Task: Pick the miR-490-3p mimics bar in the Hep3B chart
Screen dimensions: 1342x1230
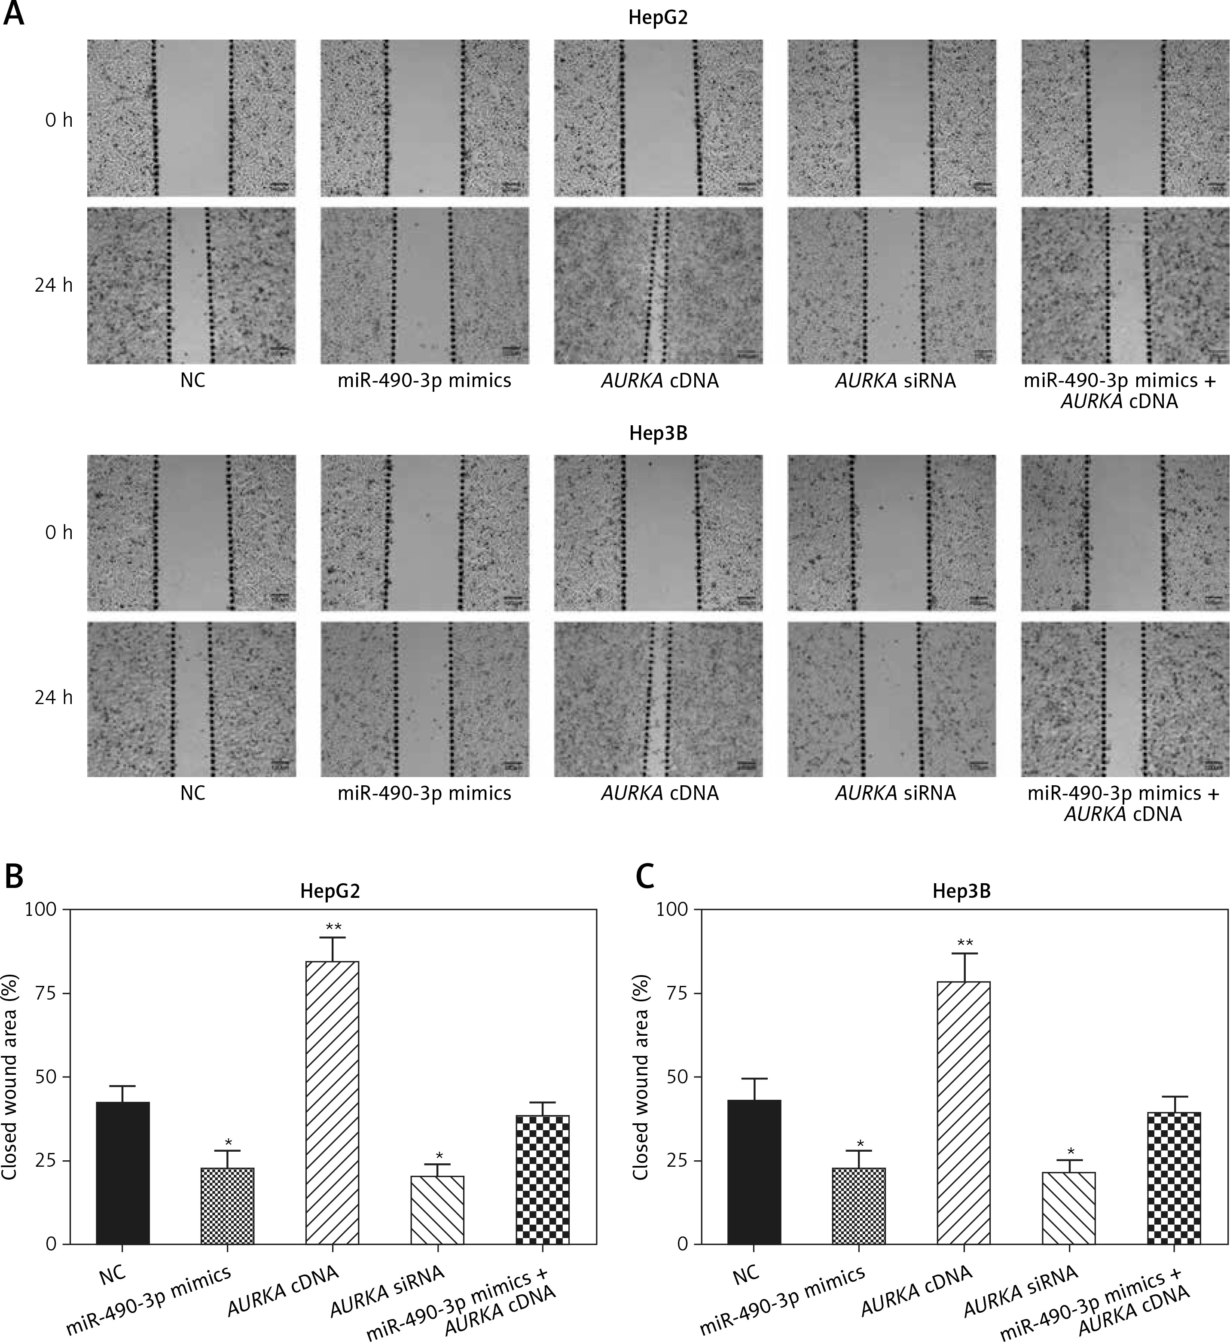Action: [x=859, y=1205]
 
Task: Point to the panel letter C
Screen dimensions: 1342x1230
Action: [x=645, y=877]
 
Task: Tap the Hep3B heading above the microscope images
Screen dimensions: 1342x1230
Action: [x=658, y=433]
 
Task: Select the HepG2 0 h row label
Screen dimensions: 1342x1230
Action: [x=58, y=120]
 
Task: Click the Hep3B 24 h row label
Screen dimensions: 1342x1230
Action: [x=54, y=698]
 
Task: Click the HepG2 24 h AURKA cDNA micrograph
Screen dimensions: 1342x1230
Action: [x=658, y=286]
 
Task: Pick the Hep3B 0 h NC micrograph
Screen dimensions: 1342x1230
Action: [x=192, y=533]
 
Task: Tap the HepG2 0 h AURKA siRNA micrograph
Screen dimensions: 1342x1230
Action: [x=892, y=118]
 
